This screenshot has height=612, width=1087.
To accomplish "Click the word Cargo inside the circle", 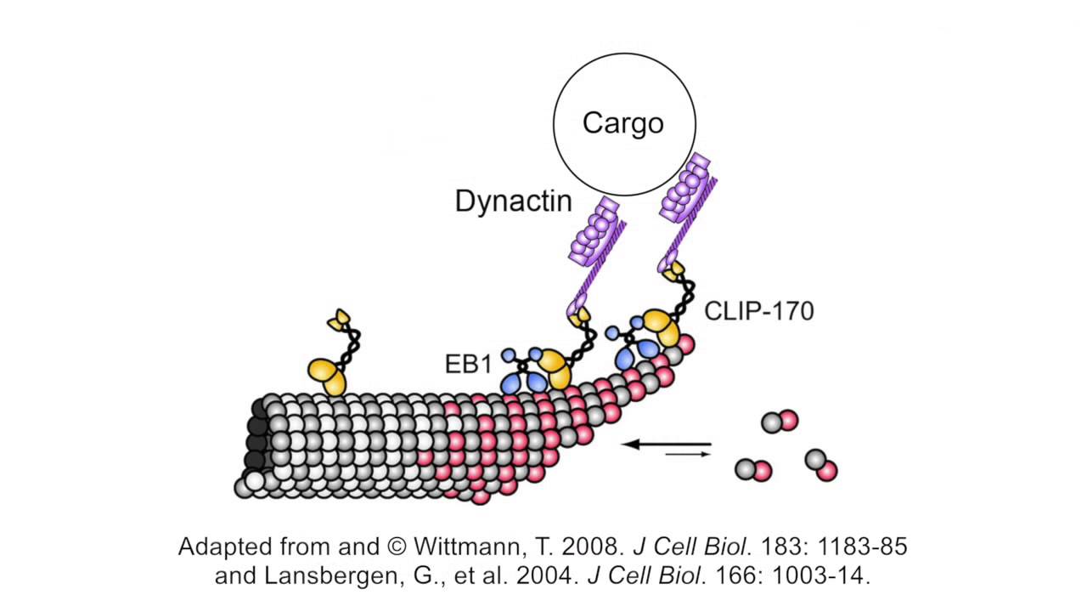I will coord(623,123).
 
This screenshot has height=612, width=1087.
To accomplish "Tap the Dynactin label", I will coord(513,201).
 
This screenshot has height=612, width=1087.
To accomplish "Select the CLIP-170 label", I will coord(758,311).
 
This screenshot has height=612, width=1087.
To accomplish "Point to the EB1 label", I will coord(468,365).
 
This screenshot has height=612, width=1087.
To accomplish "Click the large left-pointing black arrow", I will coord(667,444).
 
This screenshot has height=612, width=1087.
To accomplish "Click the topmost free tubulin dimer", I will coord(780,421).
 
